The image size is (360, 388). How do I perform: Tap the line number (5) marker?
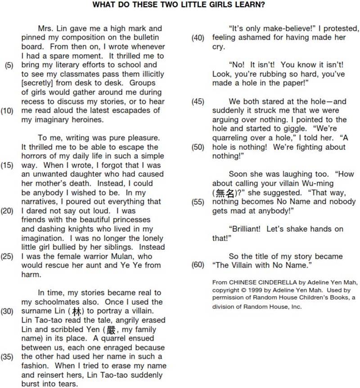(x=9, y=65)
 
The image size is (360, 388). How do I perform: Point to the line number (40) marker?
(x=198, y=38)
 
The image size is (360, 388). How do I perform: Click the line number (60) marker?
(x=198, y=265)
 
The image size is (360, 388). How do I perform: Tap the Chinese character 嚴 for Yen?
(x=111, y=329)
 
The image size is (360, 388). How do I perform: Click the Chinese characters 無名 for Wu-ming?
(x=223, y=193)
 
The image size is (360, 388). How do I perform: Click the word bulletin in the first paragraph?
(x=145, y=38)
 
